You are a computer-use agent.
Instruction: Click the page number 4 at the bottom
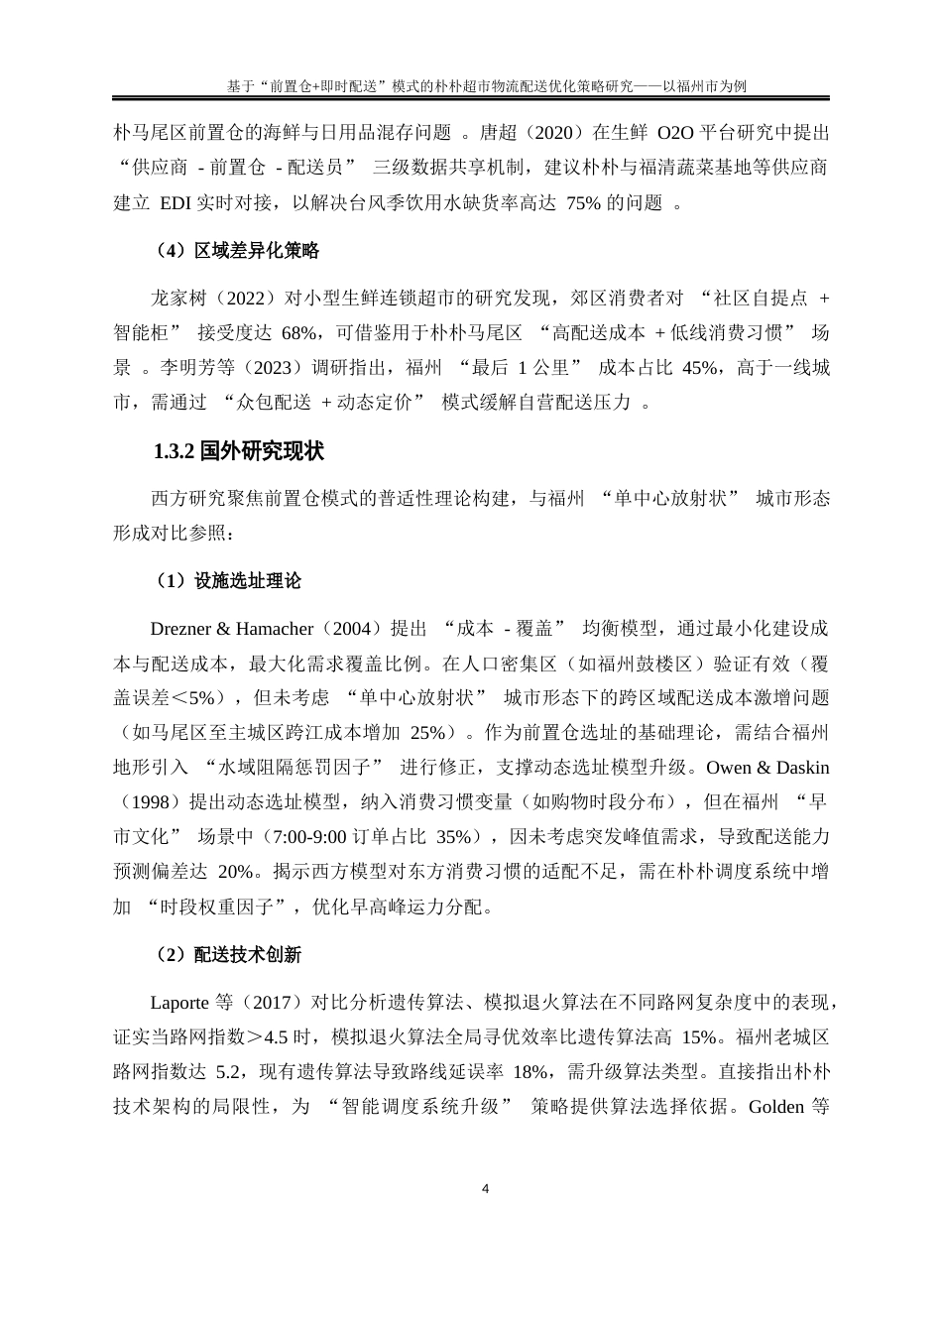(485, 1188)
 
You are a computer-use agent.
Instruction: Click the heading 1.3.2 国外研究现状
(239, 452)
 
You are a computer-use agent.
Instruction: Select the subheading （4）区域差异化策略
(237, 252)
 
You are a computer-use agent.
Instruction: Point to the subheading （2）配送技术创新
(228, 955)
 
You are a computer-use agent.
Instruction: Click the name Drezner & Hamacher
(231, 629)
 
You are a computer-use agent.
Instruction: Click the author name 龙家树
(177, 297)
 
